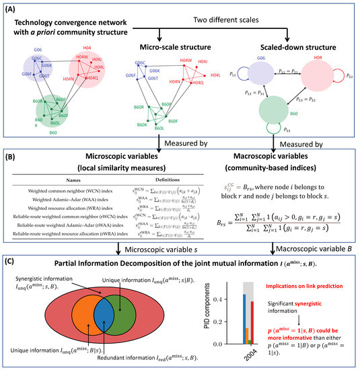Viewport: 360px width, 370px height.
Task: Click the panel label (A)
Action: tap(13, 9)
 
